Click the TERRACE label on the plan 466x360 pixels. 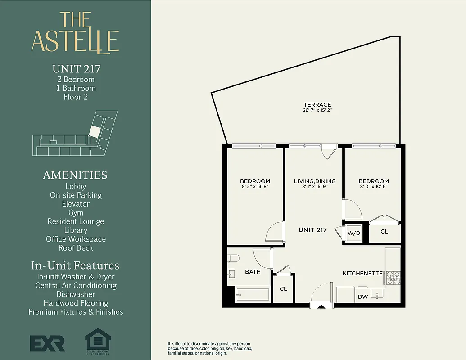coord(317,104)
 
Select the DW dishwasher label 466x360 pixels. coord(362,297)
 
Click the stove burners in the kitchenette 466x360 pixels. coord(393,278)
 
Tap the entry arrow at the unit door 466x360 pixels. coord(321,307)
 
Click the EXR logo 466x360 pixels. coord(48,343)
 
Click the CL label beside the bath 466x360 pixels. coord(283,288)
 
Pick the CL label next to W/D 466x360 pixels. coord(384,232)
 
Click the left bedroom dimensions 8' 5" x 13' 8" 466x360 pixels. coord(255,186)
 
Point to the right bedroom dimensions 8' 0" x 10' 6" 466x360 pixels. coord(374,186)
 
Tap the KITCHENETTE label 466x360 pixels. coord(362,273)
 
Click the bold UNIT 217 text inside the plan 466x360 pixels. coord(312,229)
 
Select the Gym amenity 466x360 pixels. coord(76,212)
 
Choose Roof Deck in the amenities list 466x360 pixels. coord(76,247)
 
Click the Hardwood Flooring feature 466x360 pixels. coord(76,303)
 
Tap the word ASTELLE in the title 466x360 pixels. coord(75,41)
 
